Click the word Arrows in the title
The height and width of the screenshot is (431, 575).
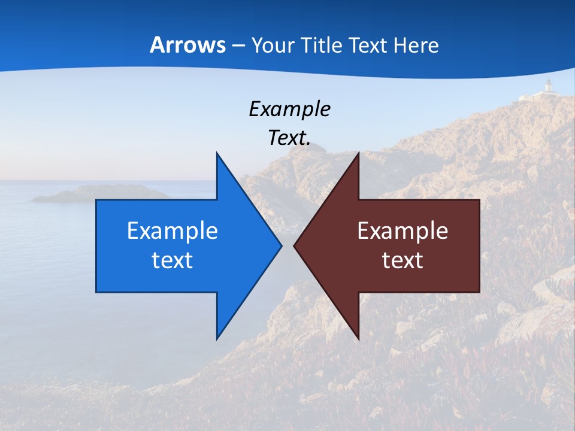187,45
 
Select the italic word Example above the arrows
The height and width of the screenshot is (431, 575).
289,110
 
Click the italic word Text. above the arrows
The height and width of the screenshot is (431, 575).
289,138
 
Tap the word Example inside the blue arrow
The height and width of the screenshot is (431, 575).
172,231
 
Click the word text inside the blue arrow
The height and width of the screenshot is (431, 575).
172,260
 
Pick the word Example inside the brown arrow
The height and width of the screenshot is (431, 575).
402,231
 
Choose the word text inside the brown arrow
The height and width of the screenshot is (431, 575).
402,260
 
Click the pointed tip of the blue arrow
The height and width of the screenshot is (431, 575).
281,245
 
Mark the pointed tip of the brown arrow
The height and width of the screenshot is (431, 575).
295,245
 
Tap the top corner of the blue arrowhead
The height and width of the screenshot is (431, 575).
217,153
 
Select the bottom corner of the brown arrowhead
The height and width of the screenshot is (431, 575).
358,339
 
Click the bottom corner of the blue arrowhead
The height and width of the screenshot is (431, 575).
217,339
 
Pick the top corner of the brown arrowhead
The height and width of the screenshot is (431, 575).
358,153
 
